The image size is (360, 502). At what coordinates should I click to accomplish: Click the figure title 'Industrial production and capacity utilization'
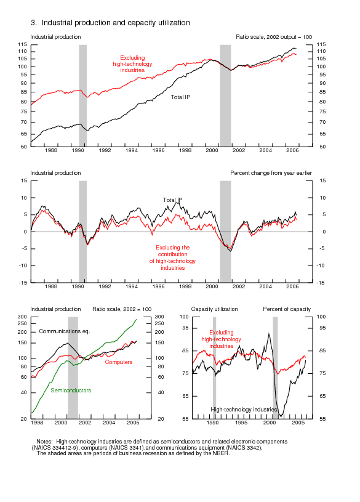pyautogui.click(x=114, y=23)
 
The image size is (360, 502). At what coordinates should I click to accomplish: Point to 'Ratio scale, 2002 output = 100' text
pyautogui.click(x=274, y=37)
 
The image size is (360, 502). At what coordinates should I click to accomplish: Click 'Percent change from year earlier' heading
pyautogui.click(x=271, y=173)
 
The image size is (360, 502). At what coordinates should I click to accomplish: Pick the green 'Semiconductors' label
pyautogui.click(x=71, y=391)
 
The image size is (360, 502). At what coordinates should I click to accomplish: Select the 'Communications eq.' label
pyautogui.click(x=64, y=331)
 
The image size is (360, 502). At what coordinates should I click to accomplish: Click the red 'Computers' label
pyautogui.click(x=119, y=362)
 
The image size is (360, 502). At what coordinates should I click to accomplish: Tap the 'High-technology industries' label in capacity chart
pyautogui.click(x=244, y=409)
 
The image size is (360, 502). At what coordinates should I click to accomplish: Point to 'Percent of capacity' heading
pyautogui.click(x=287, y=309)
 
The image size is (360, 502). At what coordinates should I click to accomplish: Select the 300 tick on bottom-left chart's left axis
pyautogui.click(x=24, y=317)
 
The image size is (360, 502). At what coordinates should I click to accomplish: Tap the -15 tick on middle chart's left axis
pyautogui.click(x=23, y=283)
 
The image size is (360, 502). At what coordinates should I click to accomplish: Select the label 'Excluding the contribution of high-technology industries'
pyautogui.click(x=172, y=258)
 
